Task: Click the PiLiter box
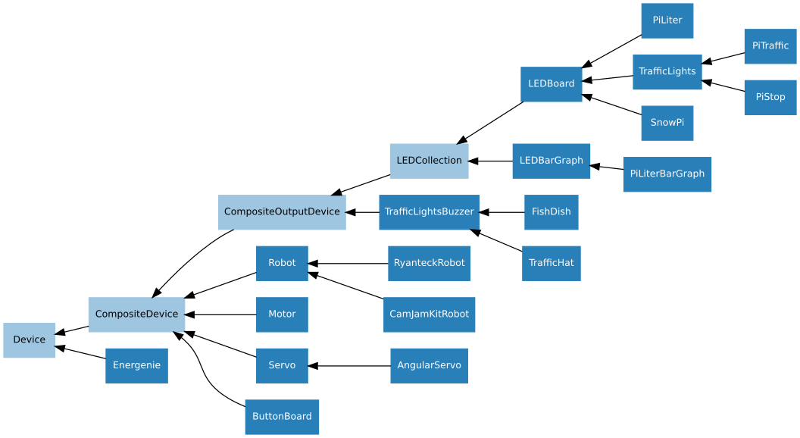coord(667,20)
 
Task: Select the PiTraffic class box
coord(770,46)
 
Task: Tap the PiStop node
coord(770,97)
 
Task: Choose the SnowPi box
coord(667,123)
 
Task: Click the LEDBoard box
coord(551,83)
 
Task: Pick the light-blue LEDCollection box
coord(429,161)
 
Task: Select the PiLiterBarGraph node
coord(667,174)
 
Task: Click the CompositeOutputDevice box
coord(282,212)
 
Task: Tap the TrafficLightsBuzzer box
coord(429,212)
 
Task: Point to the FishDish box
coord(551,212)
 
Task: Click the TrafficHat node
coord(551,263)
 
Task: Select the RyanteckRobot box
coord(429,263)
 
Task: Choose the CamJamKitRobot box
coord(429,314)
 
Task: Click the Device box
coord(29,339)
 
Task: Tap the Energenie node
coord(136,365)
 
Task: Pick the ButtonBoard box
coord(282,417)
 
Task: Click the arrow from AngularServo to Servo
coord(349,366)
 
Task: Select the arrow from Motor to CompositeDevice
coord(220,314)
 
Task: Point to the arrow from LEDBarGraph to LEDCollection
coord(490,161)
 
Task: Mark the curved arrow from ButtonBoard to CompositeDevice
coord(203,371)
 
